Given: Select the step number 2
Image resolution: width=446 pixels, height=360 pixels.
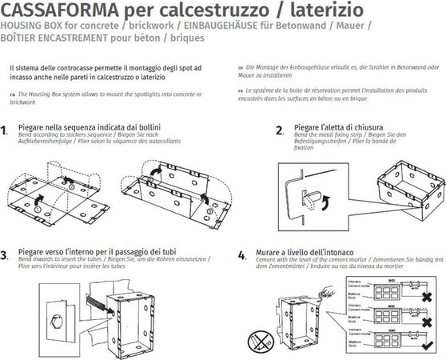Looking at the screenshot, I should point(279,130).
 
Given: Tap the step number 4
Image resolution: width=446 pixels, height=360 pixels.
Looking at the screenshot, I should point(241,256).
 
